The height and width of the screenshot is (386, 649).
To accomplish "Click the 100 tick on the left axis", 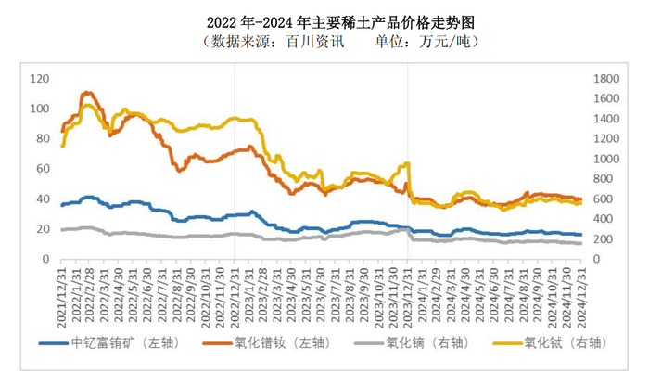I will click(x=41, y=109).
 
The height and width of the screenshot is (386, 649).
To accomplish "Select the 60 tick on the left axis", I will click(x=44, y=169).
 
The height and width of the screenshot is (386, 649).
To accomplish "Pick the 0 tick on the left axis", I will click(x=47, y=259).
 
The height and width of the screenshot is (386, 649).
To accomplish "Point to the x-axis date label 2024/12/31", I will click(x=581, y=288).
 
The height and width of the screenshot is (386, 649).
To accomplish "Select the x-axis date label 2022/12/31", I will click(x=235, y=288).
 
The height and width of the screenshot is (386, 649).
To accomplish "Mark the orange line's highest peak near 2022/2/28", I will click(x=88, y=93).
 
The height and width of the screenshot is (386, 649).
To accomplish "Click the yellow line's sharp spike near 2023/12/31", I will click(x=407, y=164).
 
